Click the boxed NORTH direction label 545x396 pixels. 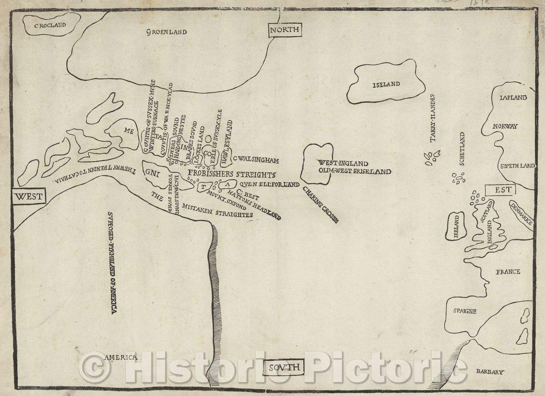coord(284,30)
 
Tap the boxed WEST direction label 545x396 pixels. coord(29,196)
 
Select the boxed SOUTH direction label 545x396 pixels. coord(284,367)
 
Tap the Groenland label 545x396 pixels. coord(167,32)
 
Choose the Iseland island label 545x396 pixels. coord(386,84)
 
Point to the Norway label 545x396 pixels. coord(505,126)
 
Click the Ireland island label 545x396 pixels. coord(456,226)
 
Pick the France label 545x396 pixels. coord(508,271)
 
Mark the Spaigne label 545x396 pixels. coord(465,311)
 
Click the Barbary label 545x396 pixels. coord(489,372)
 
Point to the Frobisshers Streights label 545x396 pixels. coord(231,174)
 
